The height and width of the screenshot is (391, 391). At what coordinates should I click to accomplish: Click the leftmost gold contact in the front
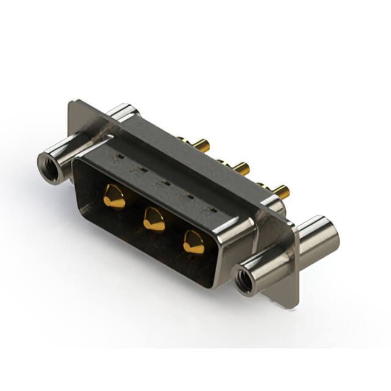point(114,197)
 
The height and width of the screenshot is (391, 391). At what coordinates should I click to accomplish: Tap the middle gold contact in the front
point(154,219)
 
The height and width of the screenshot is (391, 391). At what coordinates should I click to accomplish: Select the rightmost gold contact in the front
point(194,242)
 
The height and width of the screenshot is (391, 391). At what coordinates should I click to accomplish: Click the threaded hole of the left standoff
point(48,166)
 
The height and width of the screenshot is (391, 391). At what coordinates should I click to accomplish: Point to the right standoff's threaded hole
point(246,279)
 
